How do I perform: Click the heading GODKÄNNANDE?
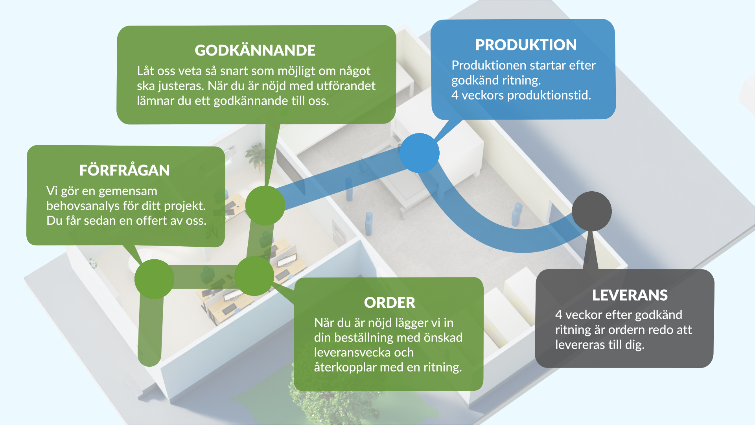(255, 50)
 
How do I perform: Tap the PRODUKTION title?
(526, 45)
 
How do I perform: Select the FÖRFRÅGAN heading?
(124, 170)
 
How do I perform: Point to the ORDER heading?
(389, 303)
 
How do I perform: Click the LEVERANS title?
(630, 295)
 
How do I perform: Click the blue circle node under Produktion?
(419, 153)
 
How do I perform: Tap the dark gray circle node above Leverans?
(591, 211)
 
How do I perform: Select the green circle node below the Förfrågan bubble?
(154, 279)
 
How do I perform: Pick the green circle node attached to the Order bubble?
(254, 276)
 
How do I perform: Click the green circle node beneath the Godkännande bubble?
(265, 205)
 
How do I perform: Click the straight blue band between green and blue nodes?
(342, 179)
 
